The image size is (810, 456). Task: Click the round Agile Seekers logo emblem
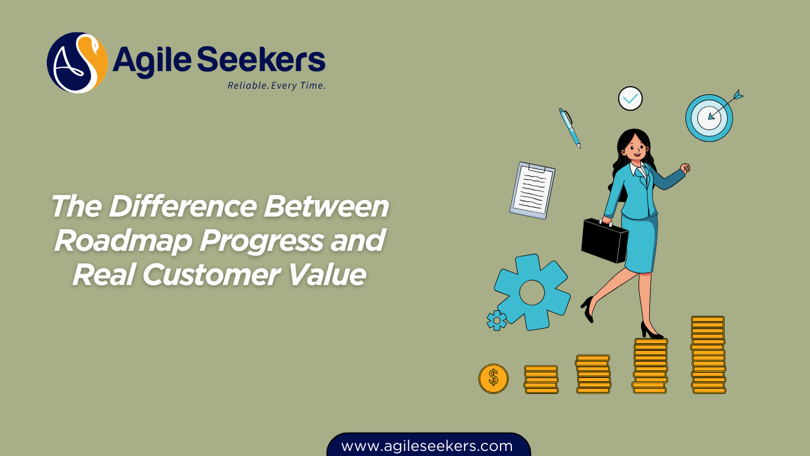click(x=77, y=63)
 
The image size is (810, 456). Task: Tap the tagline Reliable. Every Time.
click(x=277, y=85)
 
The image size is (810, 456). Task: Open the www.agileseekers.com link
click(x=427, y=446)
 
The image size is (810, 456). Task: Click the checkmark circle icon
click(x=630, y=99)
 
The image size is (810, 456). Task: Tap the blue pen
click(x=570, y=128)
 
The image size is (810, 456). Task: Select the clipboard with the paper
click(x=532, y=190)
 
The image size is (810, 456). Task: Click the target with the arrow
click(x=709, y=117)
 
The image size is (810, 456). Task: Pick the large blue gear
click(x=532, y=292)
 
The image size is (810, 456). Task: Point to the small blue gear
click(x=497, y=320)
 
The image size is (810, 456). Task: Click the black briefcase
click(x=604, y=240)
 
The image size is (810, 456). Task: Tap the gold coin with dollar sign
click(x=494, y=379)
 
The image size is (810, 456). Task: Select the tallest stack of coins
click(x=708, y=355)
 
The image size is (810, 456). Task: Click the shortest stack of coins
click(x=541, y=379)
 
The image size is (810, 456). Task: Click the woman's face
click(x=634, y=148)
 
